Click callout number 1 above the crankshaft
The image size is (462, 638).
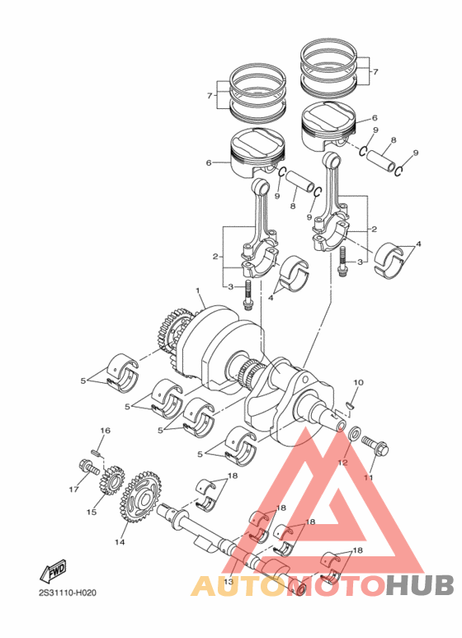point(198,291)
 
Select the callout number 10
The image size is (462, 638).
point(358,382)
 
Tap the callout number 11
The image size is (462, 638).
point(369,478)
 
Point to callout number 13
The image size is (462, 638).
point(229,583)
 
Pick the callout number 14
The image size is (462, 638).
point(120,542)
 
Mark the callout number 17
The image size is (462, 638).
point(73,489)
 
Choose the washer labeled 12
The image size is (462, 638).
point(352,435)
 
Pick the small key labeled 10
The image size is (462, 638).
point(351,404)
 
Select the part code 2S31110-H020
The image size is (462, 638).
point(67,593)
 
